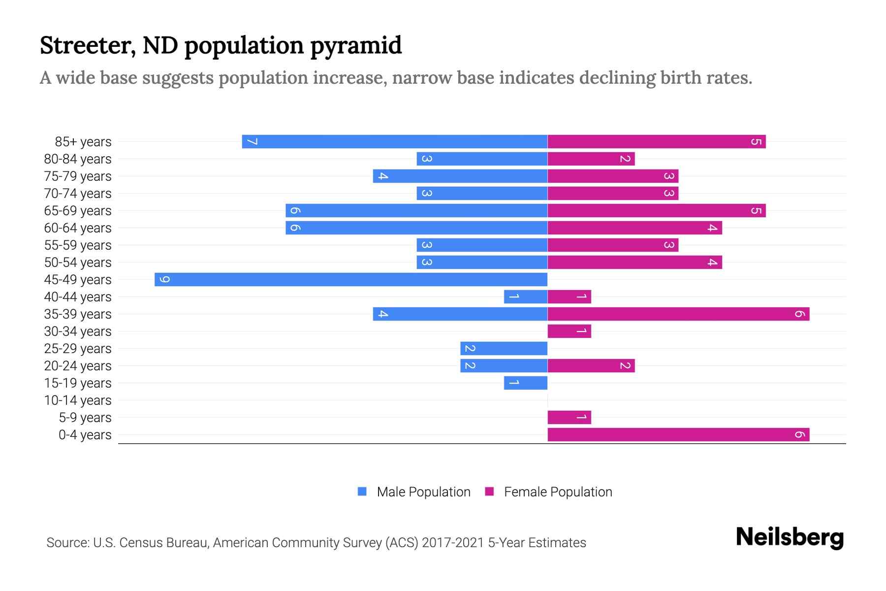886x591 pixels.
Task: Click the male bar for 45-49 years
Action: click(x=350, y=279)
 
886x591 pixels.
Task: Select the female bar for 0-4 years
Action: click(x=678, y=434)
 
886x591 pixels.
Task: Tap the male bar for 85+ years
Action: click(x=394, y=141)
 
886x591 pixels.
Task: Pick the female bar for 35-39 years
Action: click(x=678, y=314)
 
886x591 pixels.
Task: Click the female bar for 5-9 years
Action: click(x=569, y=417)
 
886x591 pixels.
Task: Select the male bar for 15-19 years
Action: click(x=526, y=383)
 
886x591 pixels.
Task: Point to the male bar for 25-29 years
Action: click(x=504, y=348)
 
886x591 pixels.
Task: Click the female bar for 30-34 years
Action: click(x=569, y=331)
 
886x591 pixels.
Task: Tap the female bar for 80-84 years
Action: click(x=591, y=159)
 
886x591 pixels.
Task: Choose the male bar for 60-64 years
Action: click(x=416, y=228)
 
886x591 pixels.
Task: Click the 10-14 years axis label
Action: click(x=78, y=400)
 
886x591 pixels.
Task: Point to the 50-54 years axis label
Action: click(x=78, y=263)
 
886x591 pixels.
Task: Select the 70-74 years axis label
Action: click(x=78, y=194)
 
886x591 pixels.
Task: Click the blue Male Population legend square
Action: click(x=362, y=492)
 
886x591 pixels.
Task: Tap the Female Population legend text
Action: click(x=558, y=492)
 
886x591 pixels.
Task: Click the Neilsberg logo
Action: click(x=790, y=537)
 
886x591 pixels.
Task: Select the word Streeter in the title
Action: click(x=87, y=46)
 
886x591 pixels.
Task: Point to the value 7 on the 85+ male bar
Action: click(x=252, y=142)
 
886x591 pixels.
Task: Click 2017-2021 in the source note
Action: click(x=453, y=543)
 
